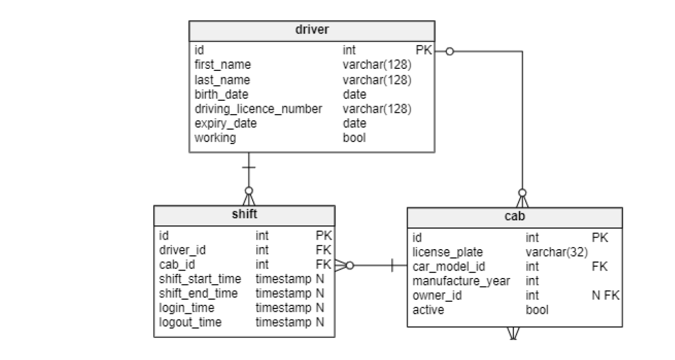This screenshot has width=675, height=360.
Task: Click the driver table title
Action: pyautogui.click(x=312, y=29)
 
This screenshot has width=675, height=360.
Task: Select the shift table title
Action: pyautogui.click(x=244, y=214)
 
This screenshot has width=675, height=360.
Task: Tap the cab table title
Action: pyautogui.click(x=514, y=217)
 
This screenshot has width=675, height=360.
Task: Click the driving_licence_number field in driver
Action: pyautogui.click(x=258, y=109)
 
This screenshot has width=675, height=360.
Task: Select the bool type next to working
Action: pyautogui.click(x=354, y=138)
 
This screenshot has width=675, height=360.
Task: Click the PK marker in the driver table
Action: pyautogui.click(x=423, y=50)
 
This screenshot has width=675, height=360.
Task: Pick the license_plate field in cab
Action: pyautogui.click(x=448, y=252)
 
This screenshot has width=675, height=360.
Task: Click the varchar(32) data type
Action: pyautogui.click(x=556, y=252)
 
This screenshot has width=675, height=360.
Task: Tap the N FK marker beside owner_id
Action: pyautogui.click(x=605, y=295)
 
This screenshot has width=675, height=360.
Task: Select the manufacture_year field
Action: pyautogui.click(x=461, y=281)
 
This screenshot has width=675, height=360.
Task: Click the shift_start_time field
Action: pyautogui.click(x=200, y=278)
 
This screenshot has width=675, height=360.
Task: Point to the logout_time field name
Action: pyautogui.click(x=190, y=322)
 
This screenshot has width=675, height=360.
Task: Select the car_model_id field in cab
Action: pyautogui.click(x=449, y=266)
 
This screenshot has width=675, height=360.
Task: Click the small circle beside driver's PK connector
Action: pyautogui.click(x=449, y=51)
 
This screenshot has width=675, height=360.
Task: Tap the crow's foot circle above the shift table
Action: pyautogui.click(x=248, y=190)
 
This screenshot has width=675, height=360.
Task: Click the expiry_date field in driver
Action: pyautogui.click(x=225, y=124)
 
